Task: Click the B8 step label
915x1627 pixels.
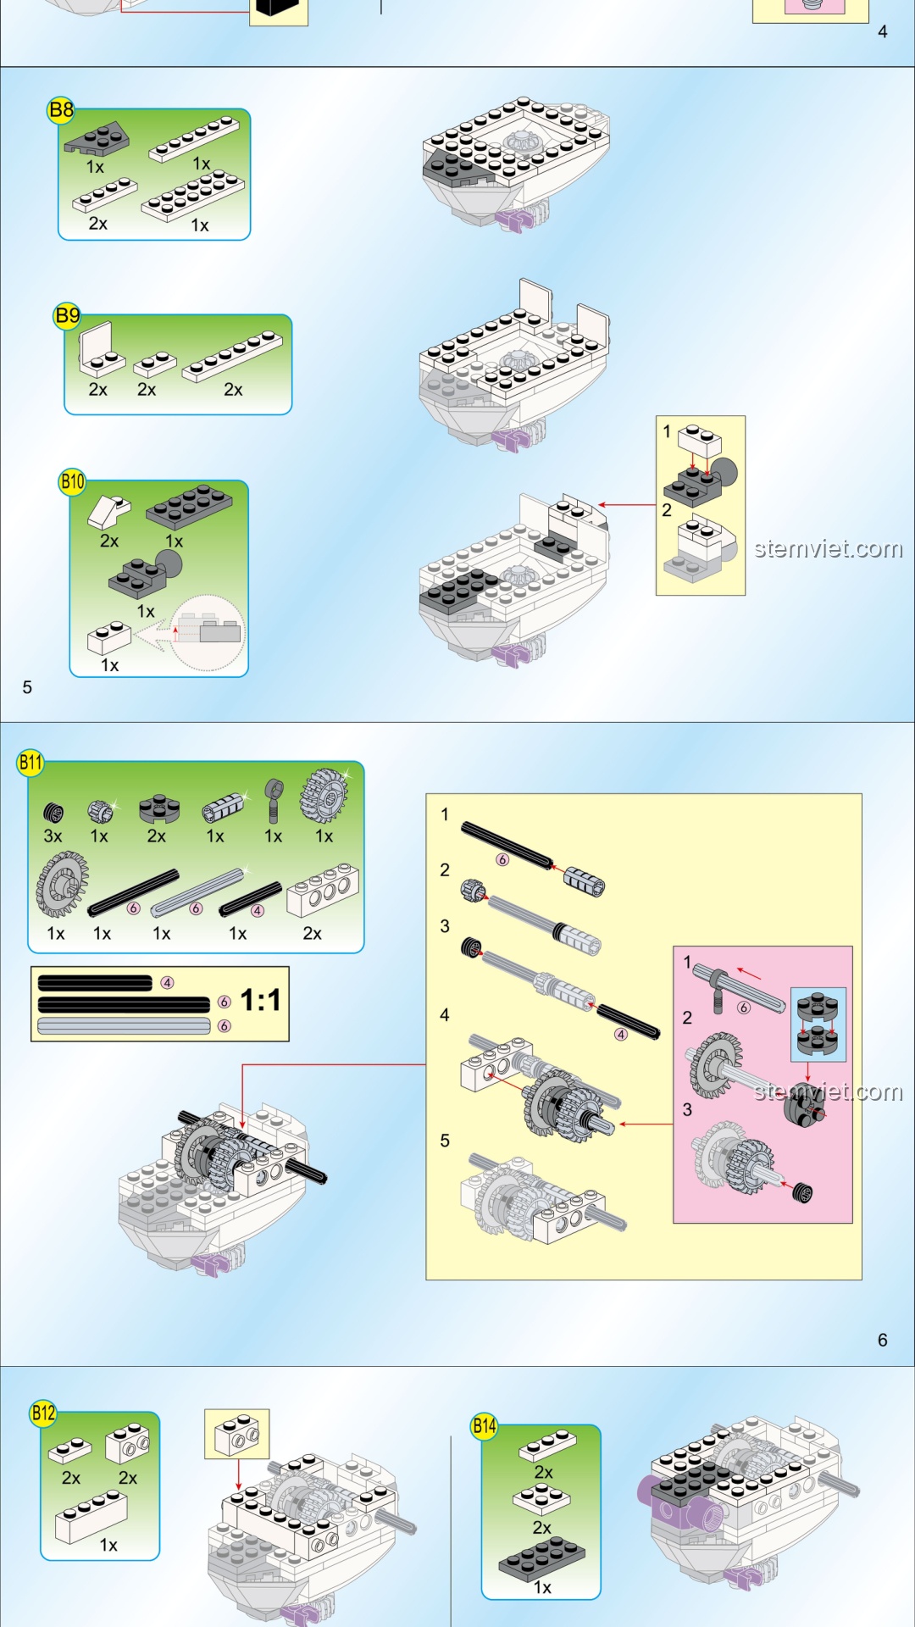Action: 61,110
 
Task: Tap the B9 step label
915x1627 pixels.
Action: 67,316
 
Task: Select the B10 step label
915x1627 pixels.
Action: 72,482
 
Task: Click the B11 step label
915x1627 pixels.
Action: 30,762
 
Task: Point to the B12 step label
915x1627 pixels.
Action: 43,1413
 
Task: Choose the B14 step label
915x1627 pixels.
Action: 484,1425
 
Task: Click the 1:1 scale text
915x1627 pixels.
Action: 260,1000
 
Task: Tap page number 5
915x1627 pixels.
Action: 27,687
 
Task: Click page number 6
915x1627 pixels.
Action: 882,1340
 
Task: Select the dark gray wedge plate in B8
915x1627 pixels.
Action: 97,139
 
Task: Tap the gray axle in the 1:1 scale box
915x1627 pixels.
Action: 124,1026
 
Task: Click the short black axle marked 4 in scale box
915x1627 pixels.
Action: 95,983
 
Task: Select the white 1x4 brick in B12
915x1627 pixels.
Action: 91,1516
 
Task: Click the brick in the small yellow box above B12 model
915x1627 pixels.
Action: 237,1434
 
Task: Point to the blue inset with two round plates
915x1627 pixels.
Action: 818,1024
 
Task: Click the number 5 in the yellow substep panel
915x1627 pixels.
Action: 445,1141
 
